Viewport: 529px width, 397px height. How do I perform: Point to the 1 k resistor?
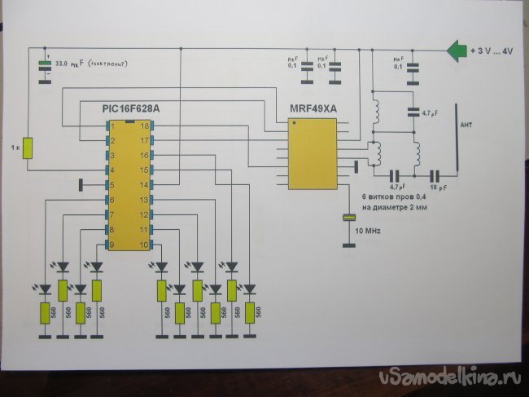point(28,148)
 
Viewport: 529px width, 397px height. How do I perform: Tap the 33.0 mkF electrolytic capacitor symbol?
point(45,68)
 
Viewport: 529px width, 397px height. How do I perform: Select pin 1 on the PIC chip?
point(113,126)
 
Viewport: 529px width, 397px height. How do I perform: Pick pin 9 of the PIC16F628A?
point(113,245)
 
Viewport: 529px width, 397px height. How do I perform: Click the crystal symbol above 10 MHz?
point(349,218)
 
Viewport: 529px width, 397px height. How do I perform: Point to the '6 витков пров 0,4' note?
point(395,197)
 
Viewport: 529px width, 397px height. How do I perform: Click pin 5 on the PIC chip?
point(113,185)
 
